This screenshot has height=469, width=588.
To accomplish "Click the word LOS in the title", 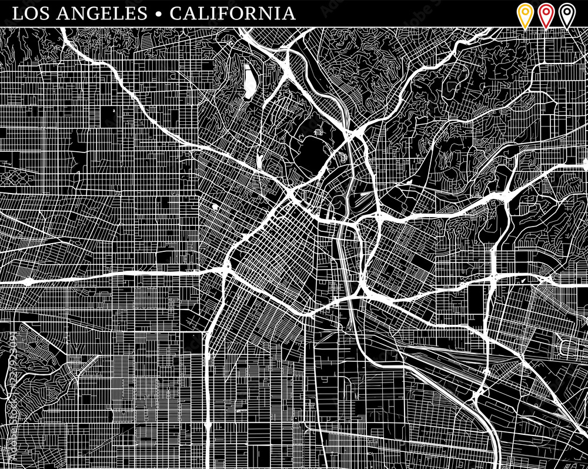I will pyautogui.click(x=29, y=13).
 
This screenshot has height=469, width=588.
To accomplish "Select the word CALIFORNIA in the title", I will pyautogui.click(x=233, y=13).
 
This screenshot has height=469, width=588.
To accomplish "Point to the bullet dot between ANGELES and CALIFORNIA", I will pyautogui.click(x=159, y=14).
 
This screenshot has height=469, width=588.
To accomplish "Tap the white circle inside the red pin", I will pyautogui.click(x=546, y=11).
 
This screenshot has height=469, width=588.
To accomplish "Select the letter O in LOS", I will pyautogui.click(x=29, y=13).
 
